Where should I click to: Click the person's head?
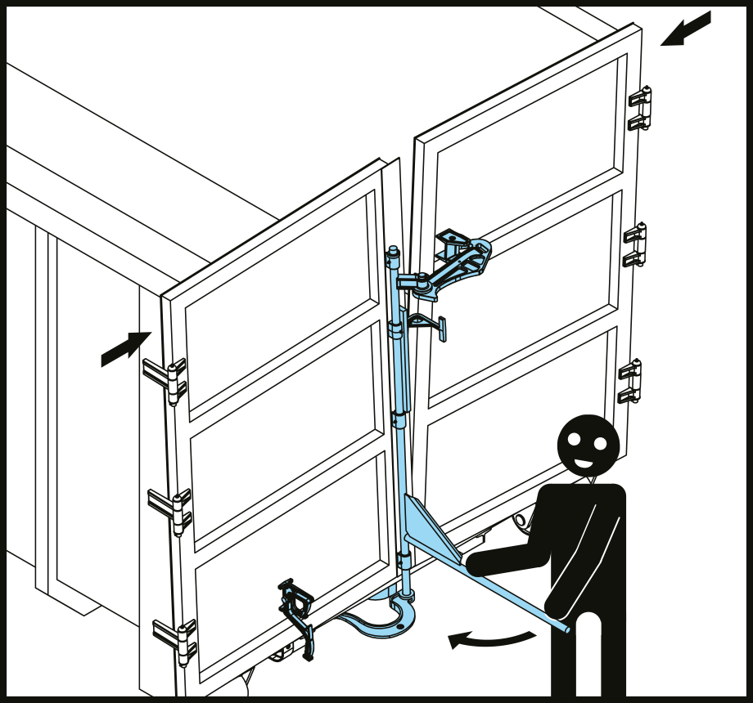pyautogui.click(x=588, y=445)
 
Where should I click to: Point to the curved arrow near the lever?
pyautogui.click(x=491, y=637)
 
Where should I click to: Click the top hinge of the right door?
pyautogui.click(x=640, y=109)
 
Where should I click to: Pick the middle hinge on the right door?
pyautogui.click(x=635, y=245)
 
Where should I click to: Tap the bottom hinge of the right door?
pyautogui.click(x=630, y=382)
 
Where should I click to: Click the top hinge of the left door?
pyautogui.click(x=166, y=380)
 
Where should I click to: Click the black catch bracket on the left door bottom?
pyautogui.click(x=297, y=613)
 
